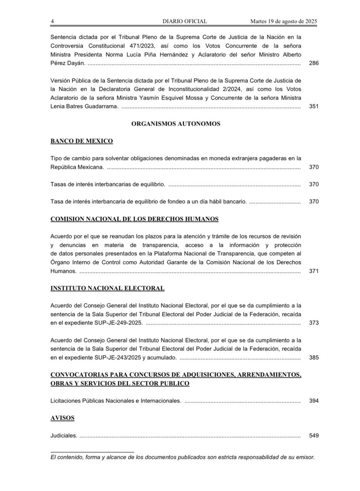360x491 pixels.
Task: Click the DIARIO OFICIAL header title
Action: [185, 21]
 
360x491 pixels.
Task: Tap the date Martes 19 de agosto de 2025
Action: [285, 21]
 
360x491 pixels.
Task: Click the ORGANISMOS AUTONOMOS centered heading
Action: [176, 124]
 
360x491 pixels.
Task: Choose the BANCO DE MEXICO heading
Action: [82, 141]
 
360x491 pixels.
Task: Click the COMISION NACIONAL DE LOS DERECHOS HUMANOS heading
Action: [134, 219]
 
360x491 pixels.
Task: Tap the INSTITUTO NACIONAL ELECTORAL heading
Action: [107, 288]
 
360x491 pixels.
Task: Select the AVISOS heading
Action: [62, 418]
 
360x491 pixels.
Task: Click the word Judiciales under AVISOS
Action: [63, 435]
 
